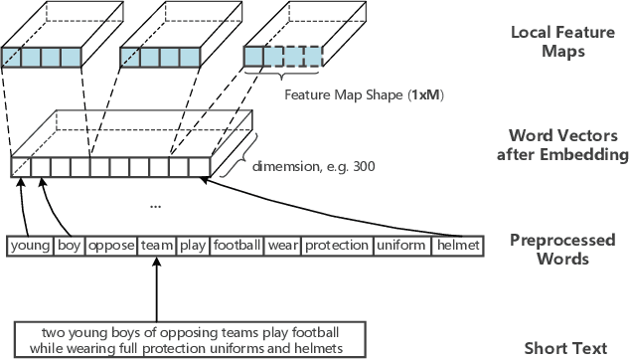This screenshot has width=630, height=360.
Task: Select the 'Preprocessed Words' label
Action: (x=561, y=249)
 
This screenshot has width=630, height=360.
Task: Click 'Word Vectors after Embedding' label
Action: (x=561, y=145)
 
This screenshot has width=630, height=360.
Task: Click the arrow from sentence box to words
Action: (x=156, y=288)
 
